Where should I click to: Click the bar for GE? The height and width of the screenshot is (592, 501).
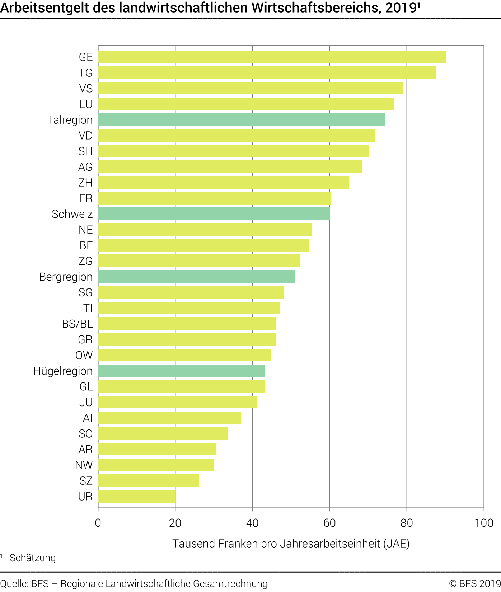coord(272,57)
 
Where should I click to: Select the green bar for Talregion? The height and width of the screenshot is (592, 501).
coord(241,120)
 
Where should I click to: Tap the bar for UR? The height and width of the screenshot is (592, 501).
coord(136,496)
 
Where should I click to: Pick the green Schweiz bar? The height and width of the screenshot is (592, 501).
coord(214,214)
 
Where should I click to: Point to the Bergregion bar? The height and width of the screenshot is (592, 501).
coord(197,277)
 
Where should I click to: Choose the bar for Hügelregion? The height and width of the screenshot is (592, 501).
coord(181,371)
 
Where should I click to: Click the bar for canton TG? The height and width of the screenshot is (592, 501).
coord(267,73)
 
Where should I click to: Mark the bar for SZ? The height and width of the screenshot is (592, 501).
coord(149,480)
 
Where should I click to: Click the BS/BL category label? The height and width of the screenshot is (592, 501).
coord(77,324)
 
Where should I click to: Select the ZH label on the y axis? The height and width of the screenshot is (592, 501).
coord(85,183)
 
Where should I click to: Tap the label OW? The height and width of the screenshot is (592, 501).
coord(84,355)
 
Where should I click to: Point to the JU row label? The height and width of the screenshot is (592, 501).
coord(86,402)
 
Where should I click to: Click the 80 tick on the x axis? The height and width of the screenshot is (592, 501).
coord(407,523)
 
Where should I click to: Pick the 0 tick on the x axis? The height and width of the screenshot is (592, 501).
coord(98,523)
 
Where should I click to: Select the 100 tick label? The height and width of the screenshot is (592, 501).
coord(484,523)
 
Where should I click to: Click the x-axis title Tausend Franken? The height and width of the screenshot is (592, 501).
coord(291,544)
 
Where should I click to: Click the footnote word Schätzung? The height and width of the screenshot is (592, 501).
coord(33,558)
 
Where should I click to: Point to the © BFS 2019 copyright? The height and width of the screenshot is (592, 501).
coord(474,584)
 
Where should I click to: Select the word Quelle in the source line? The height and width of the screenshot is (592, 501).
coord(14,584)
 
